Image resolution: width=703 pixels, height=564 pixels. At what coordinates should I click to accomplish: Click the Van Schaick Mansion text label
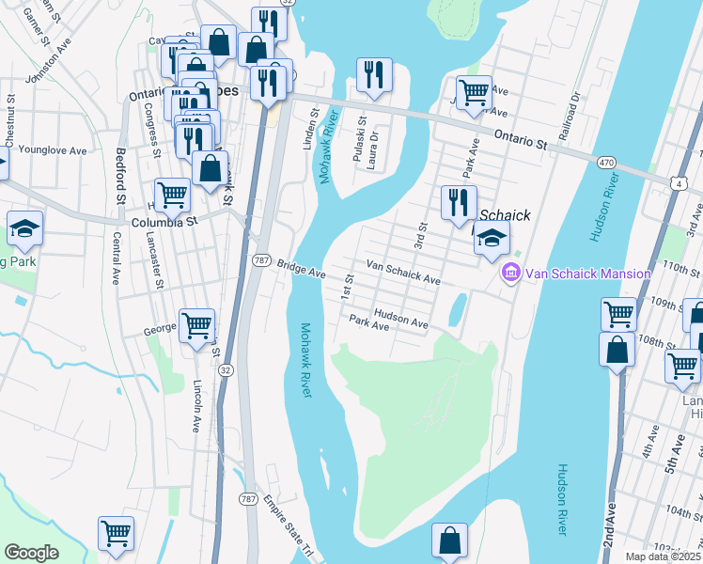tap(587, 274)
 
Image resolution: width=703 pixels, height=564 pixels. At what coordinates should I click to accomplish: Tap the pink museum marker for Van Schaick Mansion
tap(511, 274)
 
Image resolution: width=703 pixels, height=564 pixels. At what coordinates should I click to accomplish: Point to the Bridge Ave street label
tap(301, 271)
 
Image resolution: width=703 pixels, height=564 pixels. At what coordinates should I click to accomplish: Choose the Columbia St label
tap(164, 223)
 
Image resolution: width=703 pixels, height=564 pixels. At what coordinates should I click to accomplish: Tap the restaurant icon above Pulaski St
tap(374, 75)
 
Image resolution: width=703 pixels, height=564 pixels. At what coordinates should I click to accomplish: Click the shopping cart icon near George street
tap(196, 326)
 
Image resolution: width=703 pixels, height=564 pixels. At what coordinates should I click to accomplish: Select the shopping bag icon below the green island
tap(449, 540)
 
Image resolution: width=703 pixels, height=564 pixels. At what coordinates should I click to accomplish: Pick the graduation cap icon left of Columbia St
tap(24, 228)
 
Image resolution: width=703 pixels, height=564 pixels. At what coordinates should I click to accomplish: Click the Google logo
tap(31, 553)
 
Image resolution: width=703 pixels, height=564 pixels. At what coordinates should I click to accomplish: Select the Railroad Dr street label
tap(570, 117)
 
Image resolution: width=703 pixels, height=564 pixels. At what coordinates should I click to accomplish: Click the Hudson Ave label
tap(400, 319)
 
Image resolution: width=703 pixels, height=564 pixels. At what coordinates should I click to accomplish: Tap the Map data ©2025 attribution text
tap(663, 556)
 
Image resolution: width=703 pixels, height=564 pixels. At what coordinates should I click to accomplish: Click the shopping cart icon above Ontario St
tap(474, 92)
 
